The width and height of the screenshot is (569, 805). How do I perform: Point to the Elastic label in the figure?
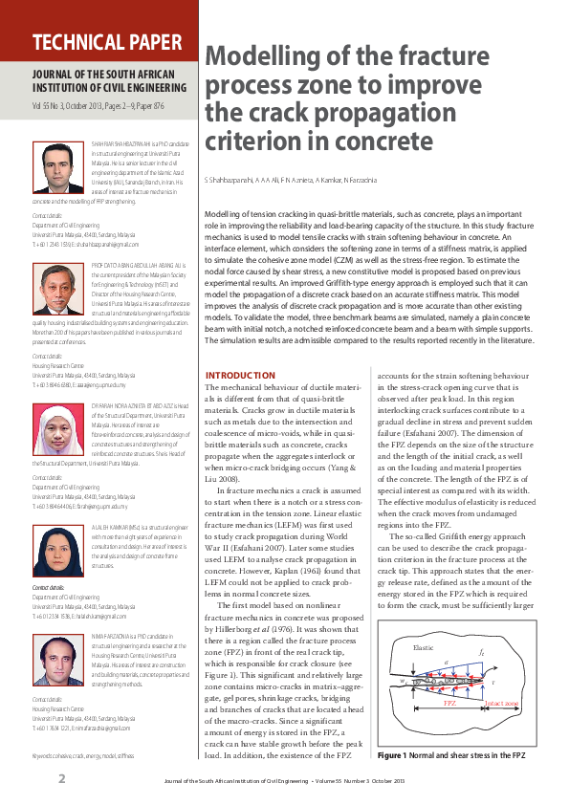tap(423, 647)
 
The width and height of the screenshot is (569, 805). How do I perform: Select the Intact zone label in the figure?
tap(503, 703)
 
